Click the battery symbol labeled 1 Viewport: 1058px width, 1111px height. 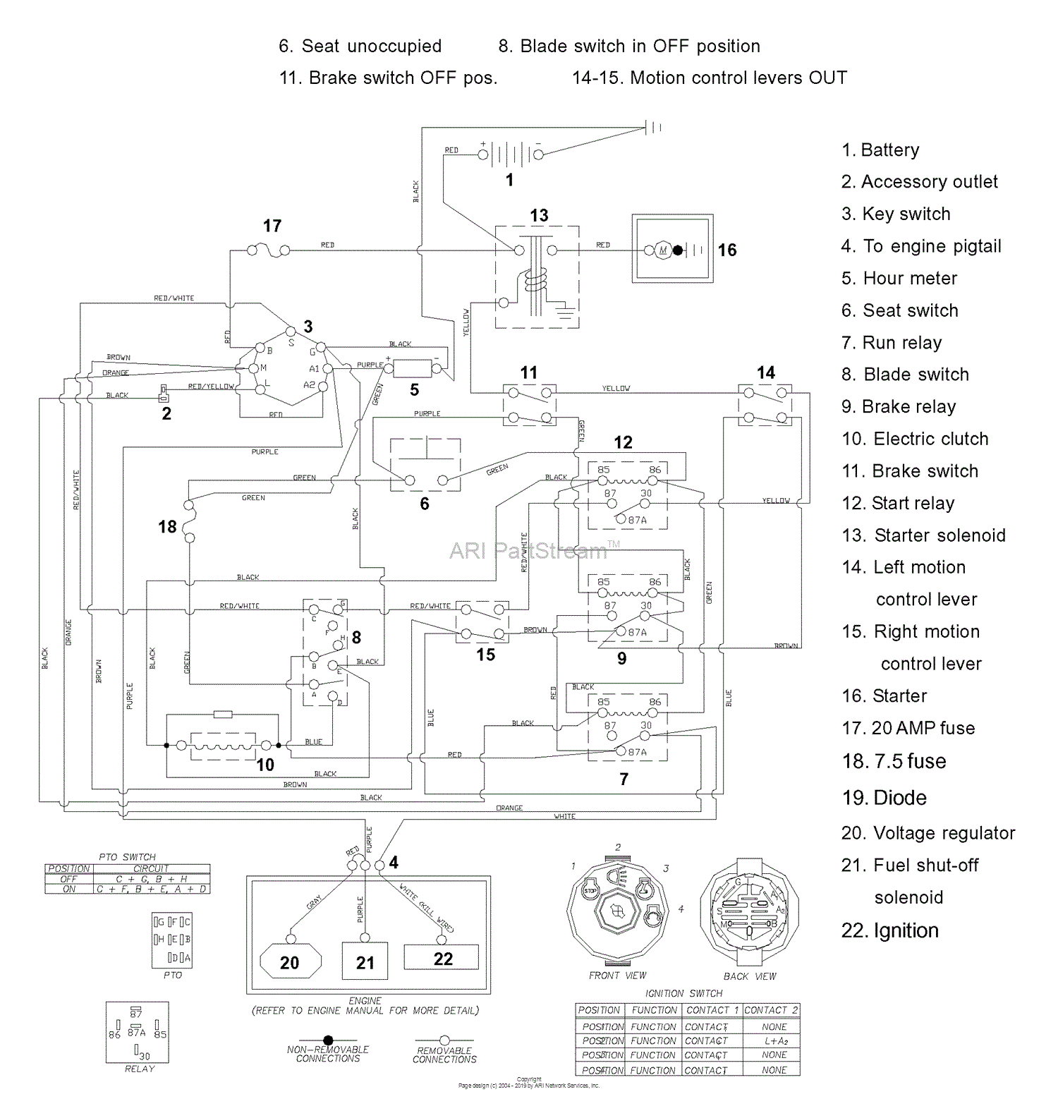[x=510, y=153]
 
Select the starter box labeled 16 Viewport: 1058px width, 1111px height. [x=672, y=249]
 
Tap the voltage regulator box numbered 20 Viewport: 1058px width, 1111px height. [x=290, y=961]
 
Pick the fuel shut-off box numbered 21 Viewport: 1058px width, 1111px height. [x=365, y=961]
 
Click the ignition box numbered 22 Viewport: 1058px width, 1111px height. [x=442, y=958]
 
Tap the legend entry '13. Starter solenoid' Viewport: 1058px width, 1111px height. [x=923, y=535]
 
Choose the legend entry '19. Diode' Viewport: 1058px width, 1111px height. [x=884, y=798]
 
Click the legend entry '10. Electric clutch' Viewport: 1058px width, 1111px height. [x=915, y=439]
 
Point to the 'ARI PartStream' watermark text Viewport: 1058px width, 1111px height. [x=528, y=550]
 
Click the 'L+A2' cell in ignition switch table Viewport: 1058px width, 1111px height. [x=774, y=1040]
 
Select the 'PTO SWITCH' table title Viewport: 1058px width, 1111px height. [x=127, y=856]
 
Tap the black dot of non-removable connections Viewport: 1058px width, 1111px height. [x=328, y=1040]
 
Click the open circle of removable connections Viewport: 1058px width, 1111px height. [x=444, y=1040]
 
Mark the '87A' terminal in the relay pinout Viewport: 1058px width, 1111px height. [x=137, y=1032]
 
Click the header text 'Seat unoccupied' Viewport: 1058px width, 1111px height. [x=371, y=47]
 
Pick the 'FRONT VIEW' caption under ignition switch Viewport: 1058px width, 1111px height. [x=617, y=976]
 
